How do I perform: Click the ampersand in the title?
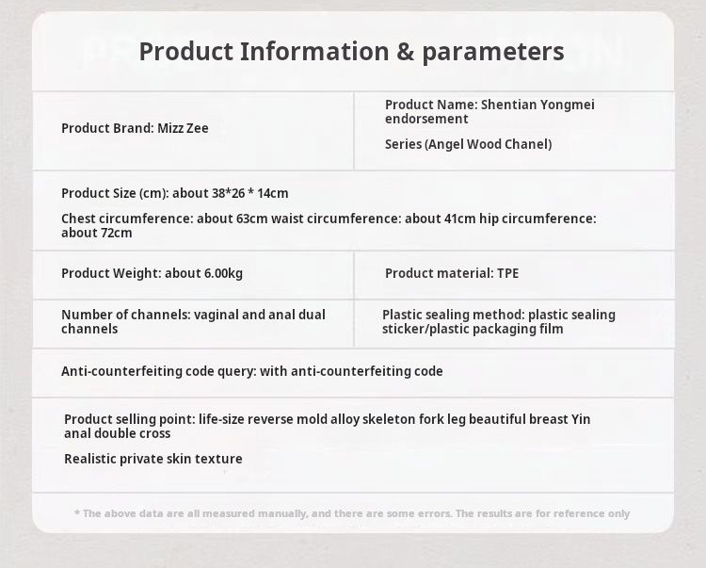(405, 52)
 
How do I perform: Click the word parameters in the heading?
(493, 52)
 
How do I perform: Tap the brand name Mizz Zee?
(183, 128)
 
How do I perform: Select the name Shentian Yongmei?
(538, 105)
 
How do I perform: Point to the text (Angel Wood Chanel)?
(488, 144)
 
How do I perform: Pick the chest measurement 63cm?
(251, 219)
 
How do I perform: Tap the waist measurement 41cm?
(459, 219)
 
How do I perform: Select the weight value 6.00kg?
(223, 273)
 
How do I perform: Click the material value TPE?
(508, 273)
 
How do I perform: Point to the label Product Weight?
(111, 273)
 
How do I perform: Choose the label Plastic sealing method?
(454, 315)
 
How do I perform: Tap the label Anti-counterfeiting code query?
(159, 371)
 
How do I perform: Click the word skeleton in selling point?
(389, 419)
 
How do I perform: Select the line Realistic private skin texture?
(153, 459)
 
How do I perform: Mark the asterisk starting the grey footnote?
(77, 512)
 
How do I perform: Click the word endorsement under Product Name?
(426, 119)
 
